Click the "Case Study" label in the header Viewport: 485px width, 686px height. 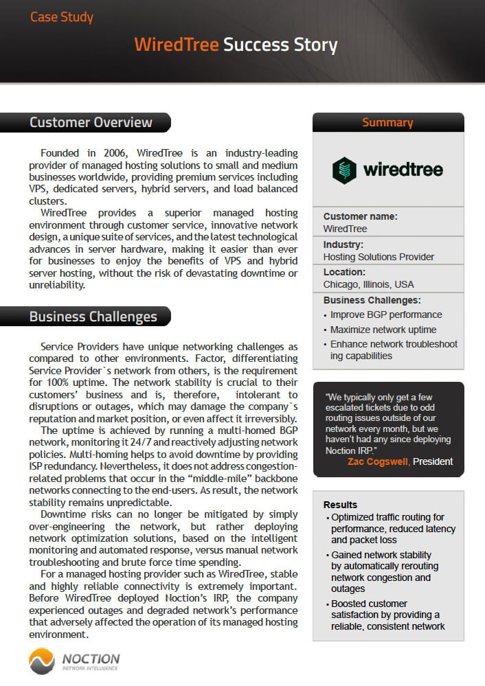62,16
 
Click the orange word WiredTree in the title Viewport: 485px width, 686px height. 177,45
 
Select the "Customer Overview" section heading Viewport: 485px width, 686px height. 91,123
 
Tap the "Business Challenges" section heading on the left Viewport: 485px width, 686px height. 93,317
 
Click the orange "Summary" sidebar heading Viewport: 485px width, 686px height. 387,123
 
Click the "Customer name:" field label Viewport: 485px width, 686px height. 360,216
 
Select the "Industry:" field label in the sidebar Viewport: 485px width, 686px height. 343,244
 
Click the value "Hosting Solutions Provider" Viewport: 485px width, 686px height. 379,257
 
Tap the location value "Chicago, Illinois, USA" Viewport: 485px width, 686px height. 369,284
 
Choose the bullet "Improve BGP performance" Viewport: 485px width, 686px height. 386,315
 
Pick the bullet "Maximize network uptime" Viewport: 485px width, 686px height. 383,330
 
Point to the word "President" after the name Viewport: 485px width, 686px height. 433,461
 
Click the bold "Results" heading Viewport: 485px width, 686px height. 341,505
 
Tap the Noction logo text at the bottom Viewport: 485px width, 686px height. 91,659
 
